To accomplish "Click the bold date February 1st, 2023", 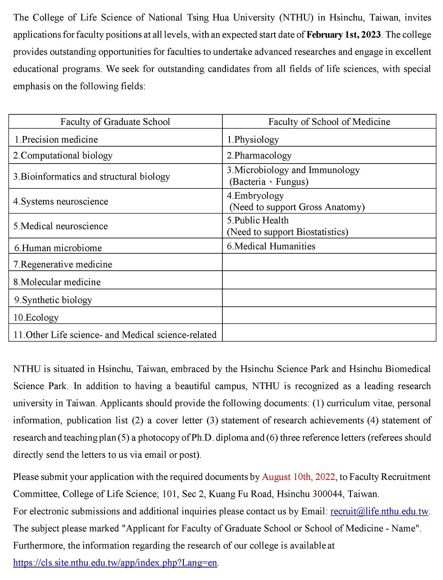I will pos(344,35).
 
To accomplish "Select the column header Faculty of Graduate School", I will pos(115,122).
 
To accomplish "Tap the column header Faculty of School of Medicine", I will pos(329,122).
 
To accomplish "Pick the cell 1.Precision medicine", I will pos(56,140).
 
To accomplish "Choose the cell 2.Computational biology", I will pos(63,156).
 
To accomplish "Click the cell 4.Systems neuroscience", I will pos(61,202).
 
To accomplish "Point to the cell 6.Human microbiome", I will pos(58,248).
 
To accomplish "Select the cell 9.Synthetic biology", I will pos(53,300).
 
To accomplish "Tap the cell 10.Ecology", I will pos(36,318).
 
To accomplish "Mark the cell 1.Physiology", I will pos(253,140).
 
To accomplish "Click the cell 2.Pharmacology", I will pos(259,156).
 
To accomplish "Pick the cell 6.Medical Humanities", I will pos(271,246).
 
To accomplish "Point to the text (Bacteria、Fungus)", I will pos(268,182).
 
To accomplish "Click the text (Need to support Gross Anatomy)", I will pos(297,207).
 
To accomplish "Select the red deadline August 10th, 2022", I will pos(299,477).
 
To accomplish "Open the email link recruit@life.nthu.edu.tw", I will pos(380,511).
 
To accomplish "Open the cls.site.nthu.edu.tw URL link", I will pos(115,563).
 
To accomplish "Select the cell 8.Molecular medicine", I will pos(57,282).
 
